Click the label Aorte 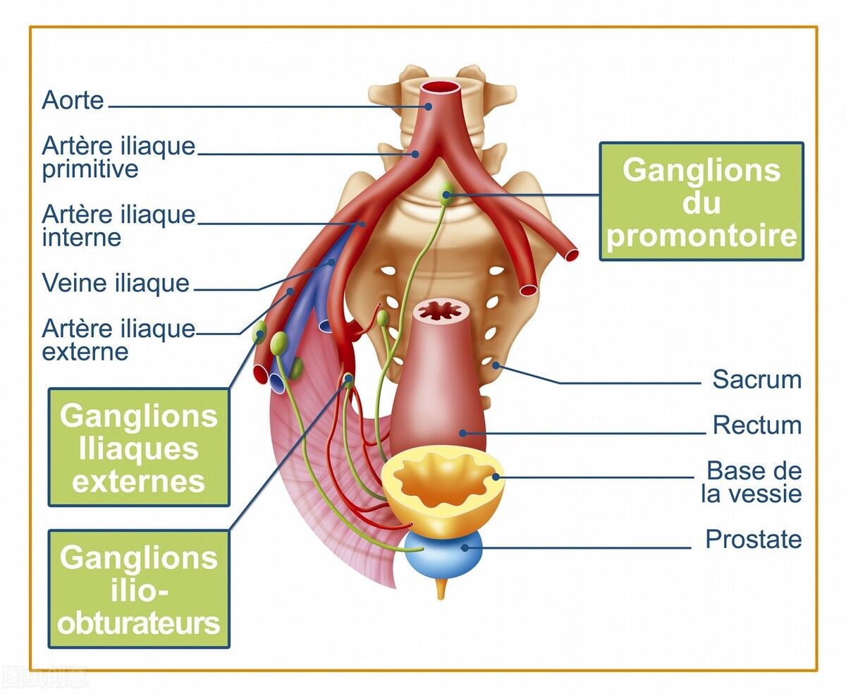click(73, 99)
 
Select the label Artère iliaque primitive click(118, 157)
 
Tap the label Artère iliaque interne click(118, 225)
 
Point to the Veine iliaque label click(116, 283)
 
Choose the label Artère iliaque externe click(118, 339)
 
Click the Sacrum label click(756, 379)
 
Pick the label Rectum click(756, 425)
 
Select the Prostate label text click(753, 540)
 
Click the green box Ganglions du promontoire click(701, 202)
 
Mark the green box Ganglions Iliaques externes click(139, 447)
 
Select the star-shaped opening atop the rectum click(440, 310)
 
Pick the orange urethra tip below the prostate click(441, 590)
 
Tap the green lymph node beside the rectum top click(382, 318)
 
